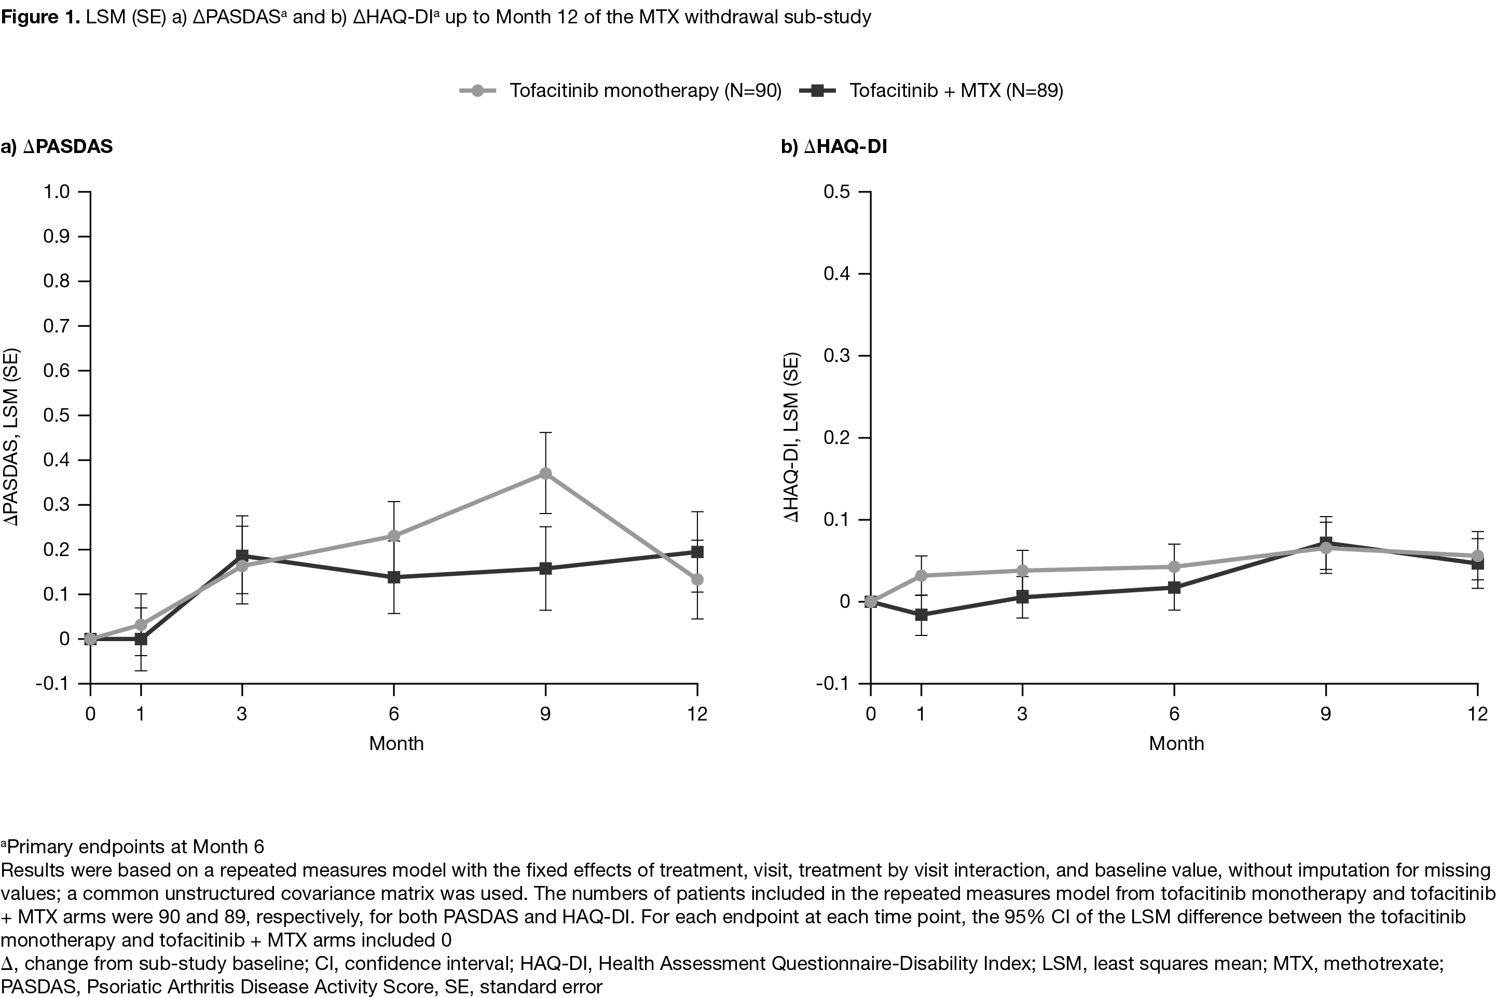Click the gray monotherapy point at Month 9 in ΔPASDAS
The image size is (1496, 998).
pos(545,474)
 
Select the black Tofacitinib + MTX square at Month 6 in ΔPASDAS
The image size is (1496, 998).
pos(394,577)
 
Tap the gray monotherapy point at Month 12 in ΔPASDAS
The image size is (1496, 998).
pos(697,580)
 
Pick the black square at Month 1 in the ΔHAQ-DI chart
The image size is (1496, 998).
pos(921,615)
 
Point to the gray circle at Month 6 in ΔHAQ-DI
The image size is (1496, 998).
pos(1174,566)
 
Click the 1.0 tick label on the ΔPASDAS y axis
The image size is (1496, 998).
pos(57,191)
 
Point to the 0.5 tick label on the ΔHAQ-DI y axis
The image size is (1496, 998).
pos(836,191)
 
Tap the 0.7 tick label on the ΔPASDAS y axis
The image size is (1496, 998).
pos(57,326)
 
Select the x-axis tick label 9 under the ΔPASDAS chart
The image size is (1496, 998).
pos(545,714)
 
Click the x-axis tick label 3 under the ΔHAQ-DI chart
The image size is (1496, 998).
pos(1022,714)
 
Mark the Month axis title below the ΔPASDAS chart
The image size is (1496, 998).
pos(396,743)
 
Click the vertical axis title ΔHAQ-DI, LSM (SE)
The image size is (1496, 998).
pos(791,437)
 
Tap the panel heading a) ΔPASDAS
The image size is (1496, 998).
pos(57,147)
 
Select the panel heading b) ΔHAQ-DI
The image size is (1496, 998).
pos(833,147)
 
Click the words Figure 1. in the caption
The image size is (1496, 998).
pos(40,17)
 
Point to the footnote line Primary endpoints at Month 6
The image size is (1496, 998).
pos(134,847)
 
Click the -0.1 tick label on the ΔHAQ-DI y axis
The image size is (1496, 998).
pos(833,684)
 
